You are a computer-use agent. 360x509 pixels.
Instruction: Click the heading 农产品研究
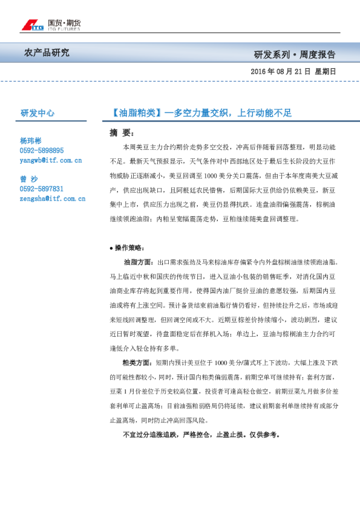[47, 53]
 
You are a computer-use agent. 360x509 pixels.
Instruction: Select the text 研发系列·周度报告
[294, 54]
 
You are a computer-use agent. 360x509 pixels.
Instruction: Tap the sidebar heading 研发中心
[38, 112]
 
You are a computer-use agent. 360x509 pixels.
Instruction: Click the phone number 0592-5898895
[41, 150]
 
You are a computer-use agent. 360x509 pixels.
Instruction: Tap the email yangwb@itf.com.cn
[50, 160]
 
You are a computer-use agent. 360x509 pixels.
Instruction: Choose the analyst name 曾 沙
[28, 179]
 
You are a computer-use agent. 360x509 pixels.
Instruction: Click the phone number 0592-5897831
[41, 189]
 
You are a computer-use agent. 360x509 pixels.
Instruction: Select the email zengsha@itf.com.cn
[52, 198]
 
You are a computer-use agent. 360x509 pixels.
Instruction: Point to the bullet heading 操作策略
[129, 248]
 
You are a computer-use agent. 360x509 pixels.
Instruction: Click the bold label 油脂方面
[137, 262]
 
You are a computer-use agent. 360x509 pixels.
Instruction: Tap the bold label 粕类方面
[137, 363]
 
